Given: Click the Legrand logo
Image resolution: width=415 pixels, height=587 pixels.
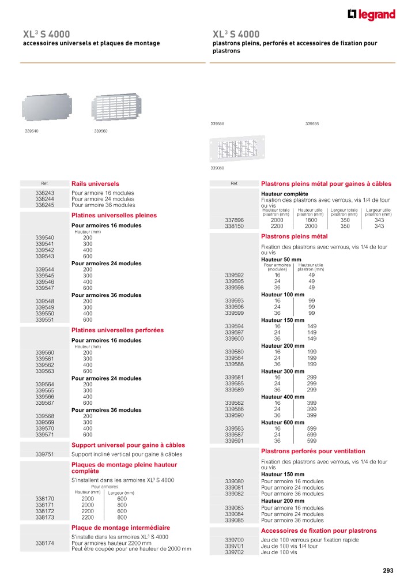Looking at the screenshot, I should [371, 15].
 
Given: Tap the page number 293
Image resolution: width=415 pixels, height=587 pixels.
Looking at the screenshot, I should [388, 571].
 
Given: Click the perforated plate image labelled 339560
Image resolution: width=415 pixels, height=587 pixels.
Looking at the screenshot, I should [116, 107].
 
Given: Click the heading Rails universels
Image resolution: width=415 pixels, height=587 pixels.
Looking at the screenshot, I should [95, 183].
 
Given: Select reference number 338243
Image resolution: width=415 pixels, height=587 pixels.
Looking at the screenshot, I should [45, 193].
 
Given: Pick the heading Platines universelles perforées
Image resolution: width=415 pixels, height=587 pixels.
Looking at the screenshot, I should [117, 330].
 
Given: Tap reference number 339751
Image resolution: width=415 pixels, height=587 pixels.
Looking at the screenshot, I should [45, 454].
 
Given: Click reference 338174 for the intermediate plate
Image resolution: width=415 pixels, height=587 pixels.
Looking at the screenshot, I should [45, 543].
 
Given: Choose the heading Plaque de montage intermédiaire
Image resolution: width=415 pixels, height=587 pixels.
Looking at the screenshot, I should [120, 528].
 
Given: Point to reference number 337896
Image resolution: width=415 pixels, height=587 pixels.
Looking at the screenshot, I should [235, 220].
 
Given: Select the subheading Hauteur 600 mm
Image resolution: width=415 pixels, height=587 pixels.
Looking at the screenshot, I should [283, 423].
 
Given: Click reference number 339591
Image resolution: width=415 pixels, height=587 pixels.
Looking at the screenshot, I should [235, 441].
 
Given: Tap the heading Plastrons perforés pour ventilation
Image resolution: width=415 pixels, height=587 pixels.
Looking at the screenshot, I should [313, 451].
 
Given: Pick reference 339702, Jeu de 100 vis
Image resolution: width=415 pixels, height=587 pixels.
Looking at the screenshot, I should [235, 552].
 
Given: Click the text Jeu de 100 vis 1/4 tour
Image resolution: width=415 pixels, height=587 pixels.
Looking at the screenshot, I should [289, 546].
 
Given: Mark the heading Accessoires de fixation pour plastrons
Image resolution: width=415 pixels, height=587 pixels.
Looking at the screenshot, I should [319, 530].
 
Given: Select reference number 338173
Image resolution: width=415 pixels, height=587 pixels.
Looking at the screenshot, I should [45, 517].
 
